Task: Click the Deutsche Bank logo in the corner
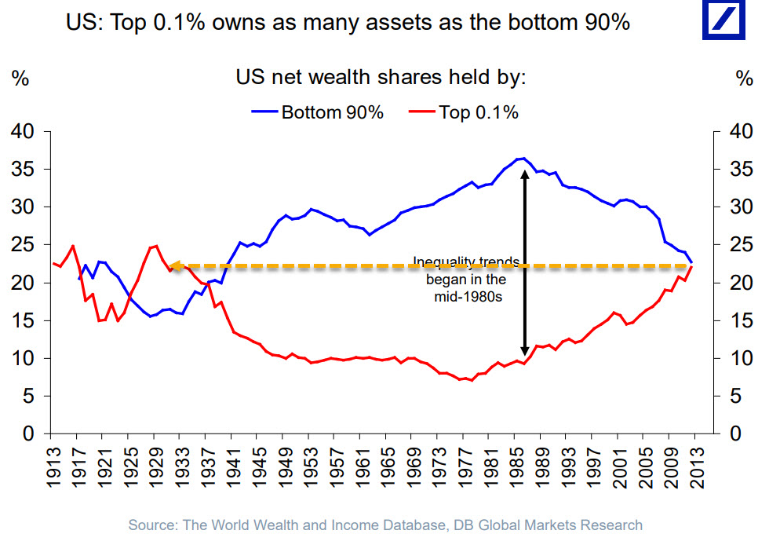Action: [725, 21]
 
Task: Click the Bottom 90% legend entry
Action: [319, 112]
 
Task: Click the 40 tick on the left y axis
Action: [24, 132]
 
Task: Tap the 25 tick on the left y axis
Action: [24, 245]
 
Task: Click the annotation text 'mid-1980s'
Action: [466, 298]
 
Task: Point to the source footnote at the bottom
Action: [385, 525]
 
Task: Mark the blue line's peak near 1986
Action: [522, 159]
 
